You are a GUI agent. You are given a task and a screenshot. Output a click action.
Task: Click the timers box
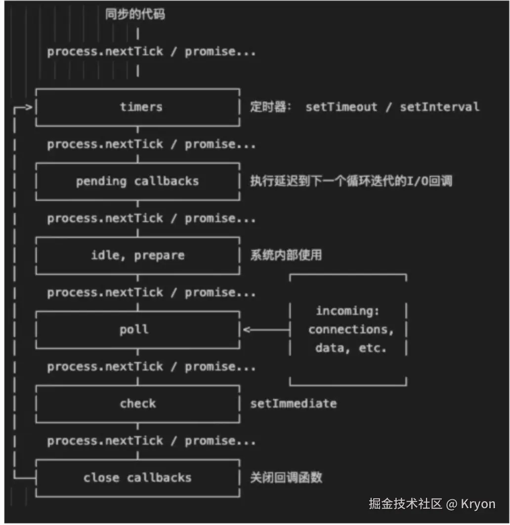click(138, 107)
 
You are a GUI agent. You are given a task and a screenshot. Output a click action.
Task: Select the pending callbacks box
click(138, 181)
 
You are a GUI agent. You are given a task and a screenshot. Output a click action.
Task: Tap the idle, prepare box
click(138, 255)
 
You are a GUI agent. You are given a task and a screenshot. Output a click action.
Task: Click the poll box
click(138, 329)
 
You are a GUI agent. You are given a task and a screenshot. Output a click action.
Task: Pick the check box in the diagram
click(138, 403)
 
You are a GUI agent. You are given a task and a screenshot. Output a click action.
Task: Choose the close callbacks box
click(138, 478)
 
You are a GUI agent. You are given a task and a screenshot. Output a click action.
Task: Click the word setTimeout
click(341, 107)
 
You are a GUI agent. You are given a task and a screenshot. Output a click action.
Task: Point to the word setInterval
click(439, 107)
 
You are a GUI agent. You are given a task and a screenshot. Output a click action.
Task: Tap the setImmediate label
click(293, 403)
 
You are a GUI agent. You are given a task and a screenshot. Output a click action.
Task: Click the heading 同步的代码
click(135, 14)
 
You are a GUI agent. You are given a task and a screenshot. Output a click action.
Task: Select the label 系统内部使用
click(286, 255)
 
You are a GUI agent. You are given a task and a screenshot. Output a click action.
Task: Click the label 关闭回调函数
click(286, 478)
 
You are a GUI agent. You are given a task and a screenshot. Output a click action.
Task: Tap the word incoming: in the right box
click(347, 311)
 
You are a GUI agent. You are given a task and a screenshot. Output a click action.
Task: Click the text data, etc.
click(351, 348)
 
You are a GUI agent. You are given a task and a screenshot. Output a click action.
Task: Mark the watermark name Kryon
click(478, 504)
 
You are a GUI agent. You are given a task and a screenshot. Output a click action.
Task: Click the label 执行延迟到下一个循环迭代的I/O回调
click(351, 181)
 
